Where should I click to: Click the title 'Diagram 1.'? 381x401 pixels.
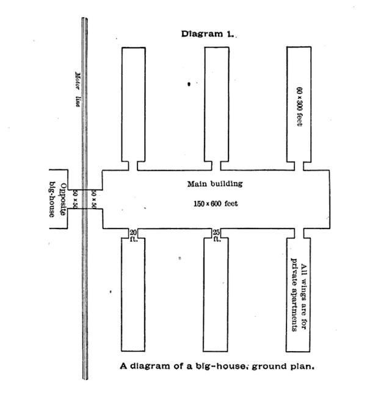208,34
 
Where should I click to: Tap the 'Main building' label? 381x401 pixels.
214,183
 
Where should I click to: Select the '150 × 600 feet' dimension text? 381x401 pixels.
214,204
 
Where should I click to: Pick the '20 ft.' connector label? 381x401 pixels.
134,235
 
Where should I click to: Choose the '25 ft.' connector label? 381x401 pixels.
216,235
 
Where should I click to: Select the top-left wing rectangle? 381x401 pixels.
133,104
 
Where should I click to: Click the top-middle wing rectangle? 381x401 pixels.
216,104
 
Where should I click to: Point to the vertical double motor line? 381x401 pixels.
85,274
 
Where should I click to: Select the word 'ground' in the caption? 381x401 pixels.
272,366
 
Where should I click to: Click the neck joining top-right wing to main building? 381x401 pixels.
299,165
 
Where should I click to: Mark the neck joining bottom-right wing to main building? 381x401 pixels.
299,233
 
